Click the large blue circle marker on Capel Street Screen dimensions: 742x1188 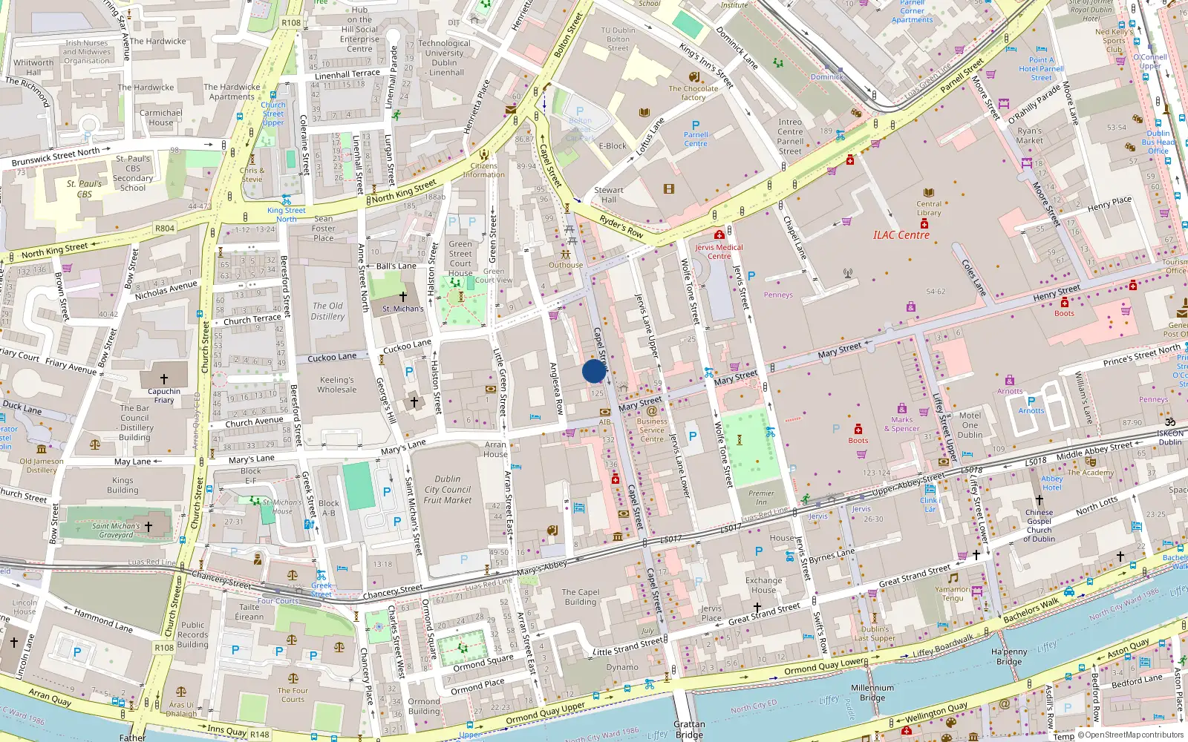coord(594,371)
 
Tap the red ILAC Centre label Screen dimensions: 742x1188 coord(901,235)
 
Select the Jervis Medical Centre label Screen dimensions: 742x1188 coord(719,252)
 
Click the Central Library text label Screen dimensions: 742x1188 coord(928,209)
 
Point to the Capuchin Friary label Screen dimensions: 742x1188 coord(164,395)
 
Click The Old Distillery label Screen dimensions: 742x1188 coord(327,311)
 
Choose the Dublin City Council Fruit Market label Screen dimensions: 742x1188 coord(448,490)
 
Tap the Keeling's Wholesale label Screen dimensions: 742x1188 coord(337,384)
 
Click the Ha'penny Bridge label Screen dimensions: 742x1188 coord(1009,657)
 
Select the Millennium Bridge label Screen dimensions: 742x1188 coord(872,692)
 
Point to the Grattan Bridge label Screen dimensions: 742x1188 coord(689,729)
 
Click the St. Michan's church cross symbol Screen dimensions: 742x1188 coord(403,296)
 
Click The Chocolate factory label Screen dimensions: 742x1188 coord(693,93)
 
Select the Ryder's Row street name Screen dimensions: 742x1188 coord(621,226)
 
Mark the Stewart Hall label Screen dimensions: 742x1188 coord(609,194)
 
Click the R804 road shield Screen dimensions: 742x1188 coord(165,229)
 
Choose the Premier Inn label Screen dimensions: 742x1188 coord(761,497)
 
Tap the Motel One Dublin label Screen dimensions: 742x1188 coord(970,424)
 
